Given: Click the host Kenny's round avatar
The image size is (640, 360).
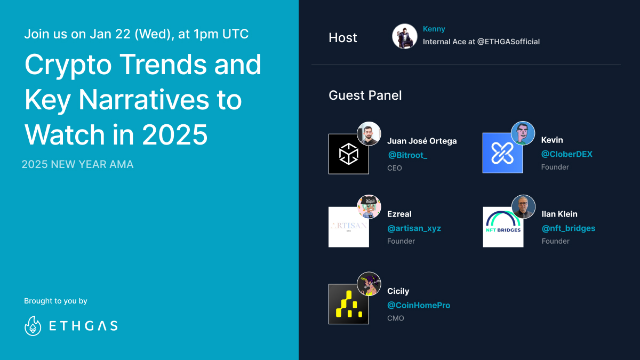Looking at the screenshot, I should click(405, 37).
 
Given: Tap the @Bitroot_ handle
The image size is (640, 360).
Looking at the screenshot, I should click(407, 155).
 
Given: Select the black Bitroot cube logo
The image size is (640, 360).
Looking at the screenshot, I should click(349, 154).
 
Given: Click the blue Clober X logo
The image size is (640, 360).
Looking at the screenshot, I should click(502, 153).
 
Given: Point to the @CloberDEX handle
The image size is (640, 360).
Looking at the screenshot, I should click(566, 154).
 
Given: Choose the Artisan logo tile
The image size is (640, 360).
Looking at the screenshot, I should click(349, 227).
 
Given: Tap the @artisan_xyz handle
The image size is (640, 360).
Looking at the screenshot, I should click(414, 228).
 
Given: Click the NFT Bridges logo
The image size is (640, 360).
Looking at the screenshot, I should click(503, 227).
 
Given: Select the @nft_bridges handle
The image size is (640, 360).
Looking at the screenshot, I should click(569, 228).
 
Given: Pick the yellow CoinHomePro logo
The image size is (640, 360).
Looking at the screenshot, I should click(349, 304).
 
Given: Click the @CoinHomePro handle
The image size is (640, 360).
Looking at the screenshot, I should click(419, 306).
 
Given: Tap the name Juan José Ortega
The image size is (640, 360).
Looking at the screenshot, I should click(422, 141).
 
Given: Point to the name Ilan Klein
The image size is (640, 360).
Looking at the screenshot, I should click(559, 214).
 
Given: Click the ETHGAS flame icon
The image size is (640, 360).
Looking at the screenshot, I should click(33, 326).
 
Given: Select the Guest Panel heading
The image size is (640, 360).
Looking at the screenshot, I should click(365, 95).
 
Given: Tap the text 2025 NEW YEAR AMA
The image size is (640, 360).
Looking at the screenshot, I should click(77, 164).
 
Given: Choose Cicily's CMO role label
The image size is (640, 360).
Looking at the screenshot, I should click(396, 318).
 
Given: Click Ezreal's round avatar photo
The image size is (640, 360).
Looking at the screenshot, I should click(369, 207).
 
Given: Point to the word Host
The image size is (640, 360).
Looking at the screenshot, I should click(343, 38).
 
